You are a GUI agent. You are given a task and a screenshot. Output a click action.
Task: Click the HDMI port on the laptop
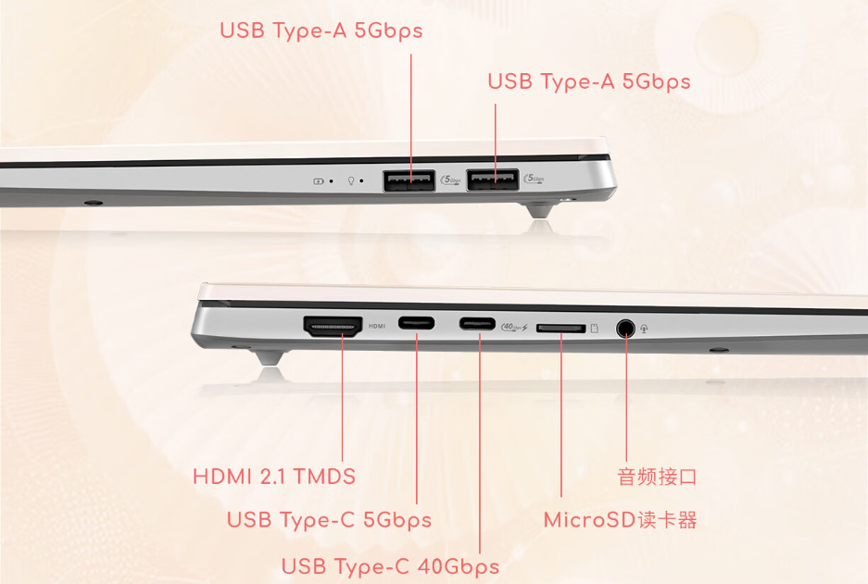click(x=333, y=326)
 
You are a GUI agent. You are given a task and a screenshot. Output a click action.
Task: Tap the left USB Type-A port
click(x=409, y=180)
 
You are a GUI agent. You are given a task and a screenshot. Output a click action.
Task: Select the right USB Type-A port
click(x=493, y=180)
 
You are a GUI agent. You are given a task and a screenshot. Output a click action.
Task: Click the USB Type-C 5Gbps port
click(x=416, y=322)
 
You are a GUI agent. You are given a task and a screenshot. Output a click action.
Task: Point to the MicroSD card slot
click(x=560, y=329)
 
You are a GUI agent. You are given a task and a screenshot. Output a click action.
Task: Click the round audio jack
click(x=625, y=328)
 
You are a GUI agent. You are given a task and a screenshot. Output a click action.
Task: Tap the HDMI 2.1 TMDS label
click(x=274, y=477)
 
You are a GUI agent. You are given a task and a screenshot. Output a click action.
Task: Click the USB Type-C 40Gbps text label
click(x=390, y=566)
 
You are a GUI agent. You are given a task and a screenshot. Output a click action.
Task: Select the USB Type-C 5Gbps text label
click(x=330, y=520)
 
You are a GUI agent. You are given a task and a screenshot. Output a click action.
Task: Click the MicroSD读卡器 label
click(x=620, y=520)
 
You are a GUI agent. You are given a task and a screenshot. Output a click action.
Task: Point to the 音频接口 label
click(x=657, y=477)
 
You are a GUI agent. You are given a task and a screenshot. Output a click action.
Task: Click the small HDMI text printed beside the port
click(x=377, y=327)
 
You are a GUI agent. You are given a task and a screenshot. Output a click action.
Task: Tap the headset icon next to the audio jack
click(x=645, y=329)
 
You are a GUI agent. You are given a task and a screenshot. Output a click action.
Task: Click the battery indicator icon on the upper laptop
click(x=319, y=180)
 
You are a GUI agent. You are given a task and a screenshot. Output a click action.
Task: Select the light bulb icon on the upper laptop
click(x=350, y=180)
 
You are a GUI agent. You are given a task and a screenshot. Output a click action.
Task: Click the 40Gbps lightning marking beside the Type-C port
click(x=514, y=328)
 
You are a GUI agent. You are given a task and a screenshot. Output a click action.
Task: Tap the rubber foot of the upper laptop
click(x=540, y=211)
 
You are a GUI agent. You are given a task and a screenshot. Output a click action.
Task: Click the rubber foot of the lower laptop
click(x=270, y=358)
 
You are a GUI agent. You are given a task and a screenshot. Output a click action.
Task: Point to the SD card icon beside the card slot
click(x=595, y=329)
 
